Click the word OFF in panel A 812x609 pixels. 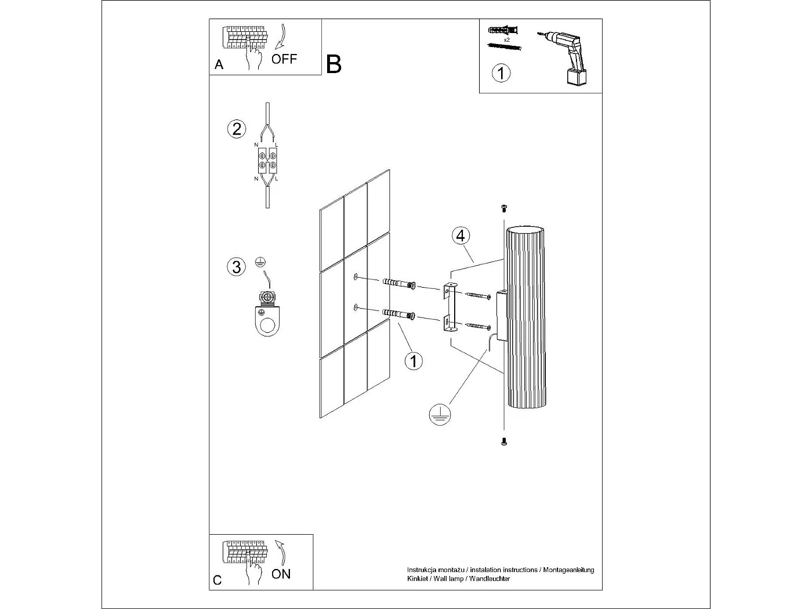click(284, 59)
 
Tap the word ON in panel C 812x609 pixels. click(281, 574)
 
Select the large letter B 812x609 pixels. click(333, 64)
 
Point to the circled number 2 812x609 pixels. click(237, 129)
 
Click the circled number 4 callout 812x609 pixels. click(461, 236)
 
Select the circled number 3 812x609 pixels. click(237, 267)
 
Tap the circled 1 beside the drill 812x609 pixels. click(501, 73)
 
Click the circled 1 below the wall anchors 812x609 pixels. click(414, 361)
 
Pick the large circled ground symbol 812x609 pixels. click(440, 415)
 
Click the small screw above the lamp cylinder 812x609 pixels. click(503, 208)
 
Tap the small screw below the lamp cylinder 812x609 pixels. click(503, 441)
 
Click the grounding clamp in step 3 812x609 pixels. click(267, 314)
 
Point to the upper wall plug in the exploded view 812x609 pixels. click(399, 284)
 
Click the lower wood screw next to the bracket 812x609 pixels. click(478, 326)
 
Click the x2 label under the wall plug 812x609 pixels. click(506, 39)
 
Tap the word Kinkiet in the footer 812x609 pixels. click(416, 579)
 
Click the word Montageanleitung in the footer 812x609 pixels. click(568, 570)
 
